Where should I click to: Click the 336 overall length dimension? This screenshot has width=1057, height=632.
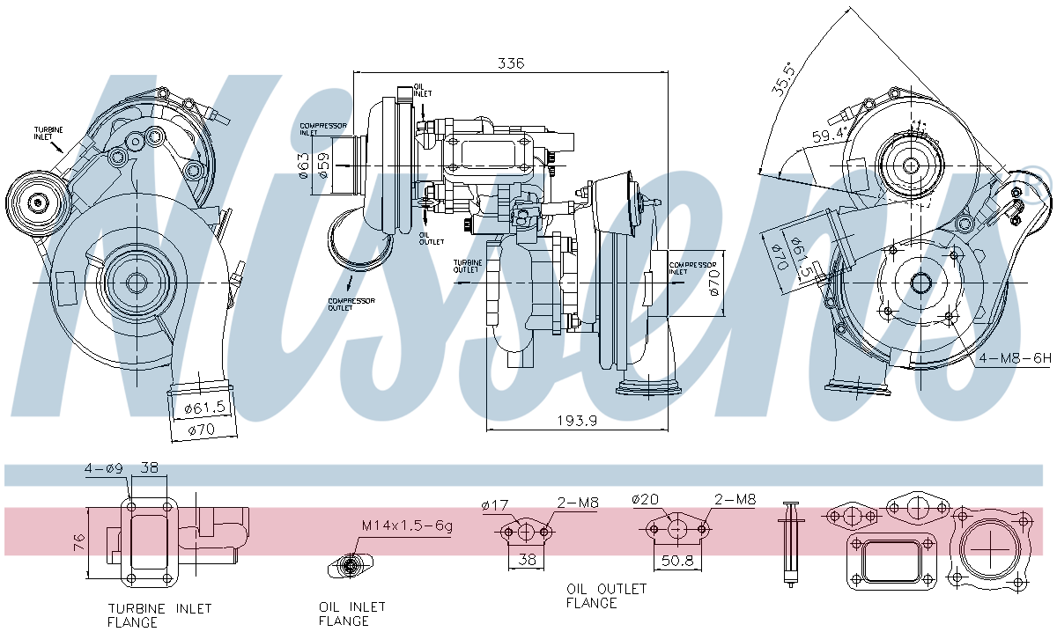[511, 63]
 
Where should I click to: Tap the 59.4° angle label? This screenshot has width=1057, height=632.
[830, 135]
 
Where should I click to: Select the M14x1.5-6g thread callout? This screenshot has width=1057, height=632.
[407, 525]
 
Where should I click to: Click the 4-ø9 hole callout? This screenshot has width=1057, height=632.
[102, 468]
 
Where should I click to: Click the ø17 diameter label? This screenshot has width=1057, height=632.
[496, 504]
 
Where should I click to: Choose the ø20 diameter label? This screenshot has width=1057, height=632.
[646, 500]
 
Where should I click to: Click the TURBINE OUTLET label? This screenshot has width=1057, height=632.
[466, 266]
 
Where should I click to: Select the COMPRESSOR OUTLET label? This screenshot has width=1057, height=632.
[351, 304]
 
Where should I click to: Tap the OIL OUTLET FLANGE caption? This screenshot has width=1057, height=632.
[606, 596]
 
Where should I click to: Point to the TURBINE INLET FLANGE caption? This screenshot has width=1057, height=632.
[159, 614]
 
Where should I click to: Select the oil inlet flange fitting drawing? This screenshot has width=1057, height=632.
[352, 565]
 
